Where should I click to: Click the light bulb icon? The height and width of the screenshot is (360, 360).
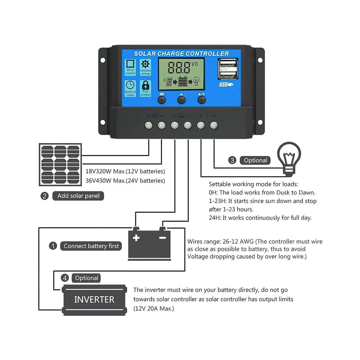(x=289, y=157)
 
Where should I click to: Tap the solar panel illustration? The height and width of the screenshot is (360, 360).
(x=60, y=164)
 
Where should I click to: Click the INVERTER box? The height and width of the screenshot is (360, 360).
(x=94, y=300)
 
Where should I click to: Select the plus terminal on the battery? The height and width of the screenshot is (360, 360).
(x=136, y=238)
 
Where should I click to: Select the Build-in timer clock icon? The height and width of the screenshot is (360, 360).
(x=130, y=85)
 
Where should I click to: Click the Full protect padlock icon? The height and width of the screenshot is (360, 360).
(x=145, y=85)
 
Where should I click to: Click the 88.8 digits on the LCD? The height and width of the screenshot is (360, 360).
(x=179, y=68)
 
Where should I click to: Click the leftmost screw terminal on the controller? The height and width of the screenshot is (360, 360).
(x=148, y=125)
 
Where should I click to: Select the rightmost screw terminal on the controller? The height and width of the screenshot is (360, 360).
(x=214, y=125)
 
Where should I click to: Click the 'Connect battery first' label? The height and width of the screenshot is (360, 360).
(x=91, y=246)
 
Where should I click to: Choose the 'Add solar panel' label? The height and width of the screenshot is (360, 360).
(x=78, y=196)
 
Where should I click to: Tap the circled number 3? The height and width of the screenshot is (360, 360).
(x=232, y=160)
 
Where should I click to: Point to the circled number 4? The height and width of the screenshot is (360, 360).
(x=65, y=278)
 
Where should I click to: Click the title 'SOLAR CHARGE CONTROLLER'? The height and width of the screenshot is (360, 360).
(x=181, y=54)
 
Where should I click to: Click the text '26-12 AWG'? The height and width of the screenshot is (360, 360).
(x=238, y=241)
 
